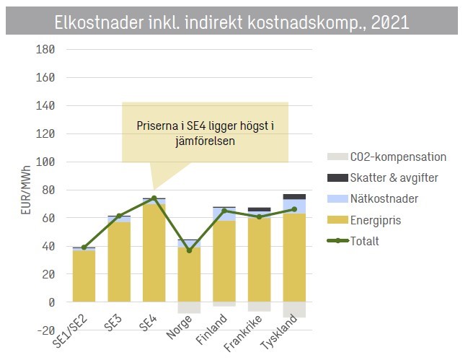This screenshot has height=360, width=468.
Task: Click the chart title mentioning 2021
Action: (231, 22)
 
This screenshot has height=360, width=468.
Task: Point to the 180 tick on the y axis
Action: (45, 49)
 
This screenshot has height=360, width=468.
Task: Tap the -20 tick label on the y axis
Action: (45, 330)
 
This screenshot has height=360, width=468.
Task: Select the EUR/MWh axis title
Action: (26, 190)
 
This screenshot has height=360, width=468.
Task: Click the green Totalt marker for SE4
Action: (154, 198)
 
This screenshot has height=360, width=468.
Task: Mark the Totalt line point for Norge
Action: (189, 250)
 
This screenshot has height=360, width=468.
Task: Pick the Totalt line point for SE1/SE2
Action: (84, 247)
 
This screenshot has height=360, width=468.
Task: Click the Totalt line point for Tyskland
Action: (294, 209)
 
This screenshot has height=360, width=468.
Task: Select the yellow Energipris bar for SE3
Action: (119, 262)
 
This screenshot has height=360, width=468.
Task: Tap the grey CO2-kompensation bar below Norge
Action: (189, 307)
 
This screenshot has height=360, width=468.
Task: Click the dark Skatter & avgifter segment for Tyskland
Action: (294, 197)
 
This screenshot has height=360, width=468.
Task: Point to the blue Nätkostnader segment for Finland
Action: (224, 214)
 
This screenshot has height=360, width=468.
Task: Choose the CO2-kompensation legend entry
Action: (387, 157)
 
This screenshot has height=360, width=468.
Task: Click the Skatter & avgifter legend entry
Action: (383, 178)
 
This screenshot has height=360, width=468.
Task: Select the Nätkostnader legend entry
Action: (373, 199)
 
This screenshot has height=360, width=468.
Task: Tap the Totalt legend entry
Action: (353, 241)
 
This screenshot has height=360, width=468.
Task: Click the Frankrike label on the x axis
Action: (243, 333)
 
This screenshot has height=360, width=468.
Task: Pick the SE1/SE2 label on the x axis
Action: (70, 331)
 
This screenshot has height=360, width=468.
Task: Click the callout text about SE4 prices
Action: (206, 133)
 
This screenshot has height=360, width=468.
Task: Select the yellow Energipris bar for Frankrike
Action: (260, 260)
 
